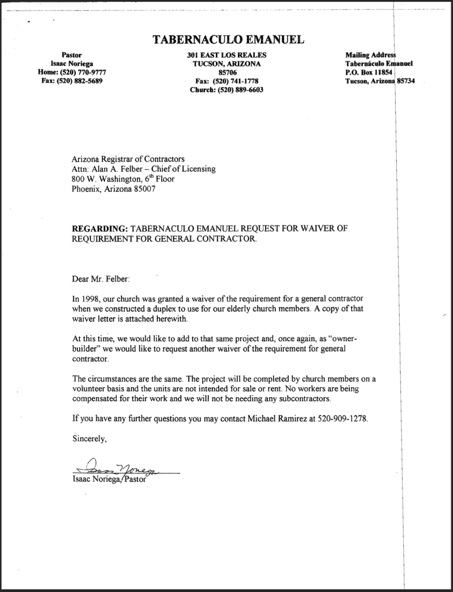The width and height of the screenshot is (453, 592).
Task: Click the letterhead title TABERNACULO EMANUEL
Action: [x=228, y=39]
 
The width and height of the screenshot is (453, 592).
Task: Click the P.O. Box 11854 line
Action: [x=369, y=72]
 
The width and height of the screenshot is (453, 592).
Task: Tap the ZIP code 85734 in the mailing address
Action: [x=406, y=81]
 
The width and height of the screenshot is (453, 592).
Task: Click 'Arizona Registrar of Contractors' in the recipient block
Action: [x=128, y=158]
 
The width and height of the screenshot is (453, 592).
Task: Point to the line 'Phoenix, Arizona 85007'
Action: [x=113, y=189]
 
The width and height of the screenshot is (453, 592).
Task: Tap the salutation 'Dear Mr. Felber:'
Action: [x=101, y=279]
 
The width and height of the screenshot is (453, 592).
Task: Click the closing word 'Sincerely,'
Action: [x=90, y=438]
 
